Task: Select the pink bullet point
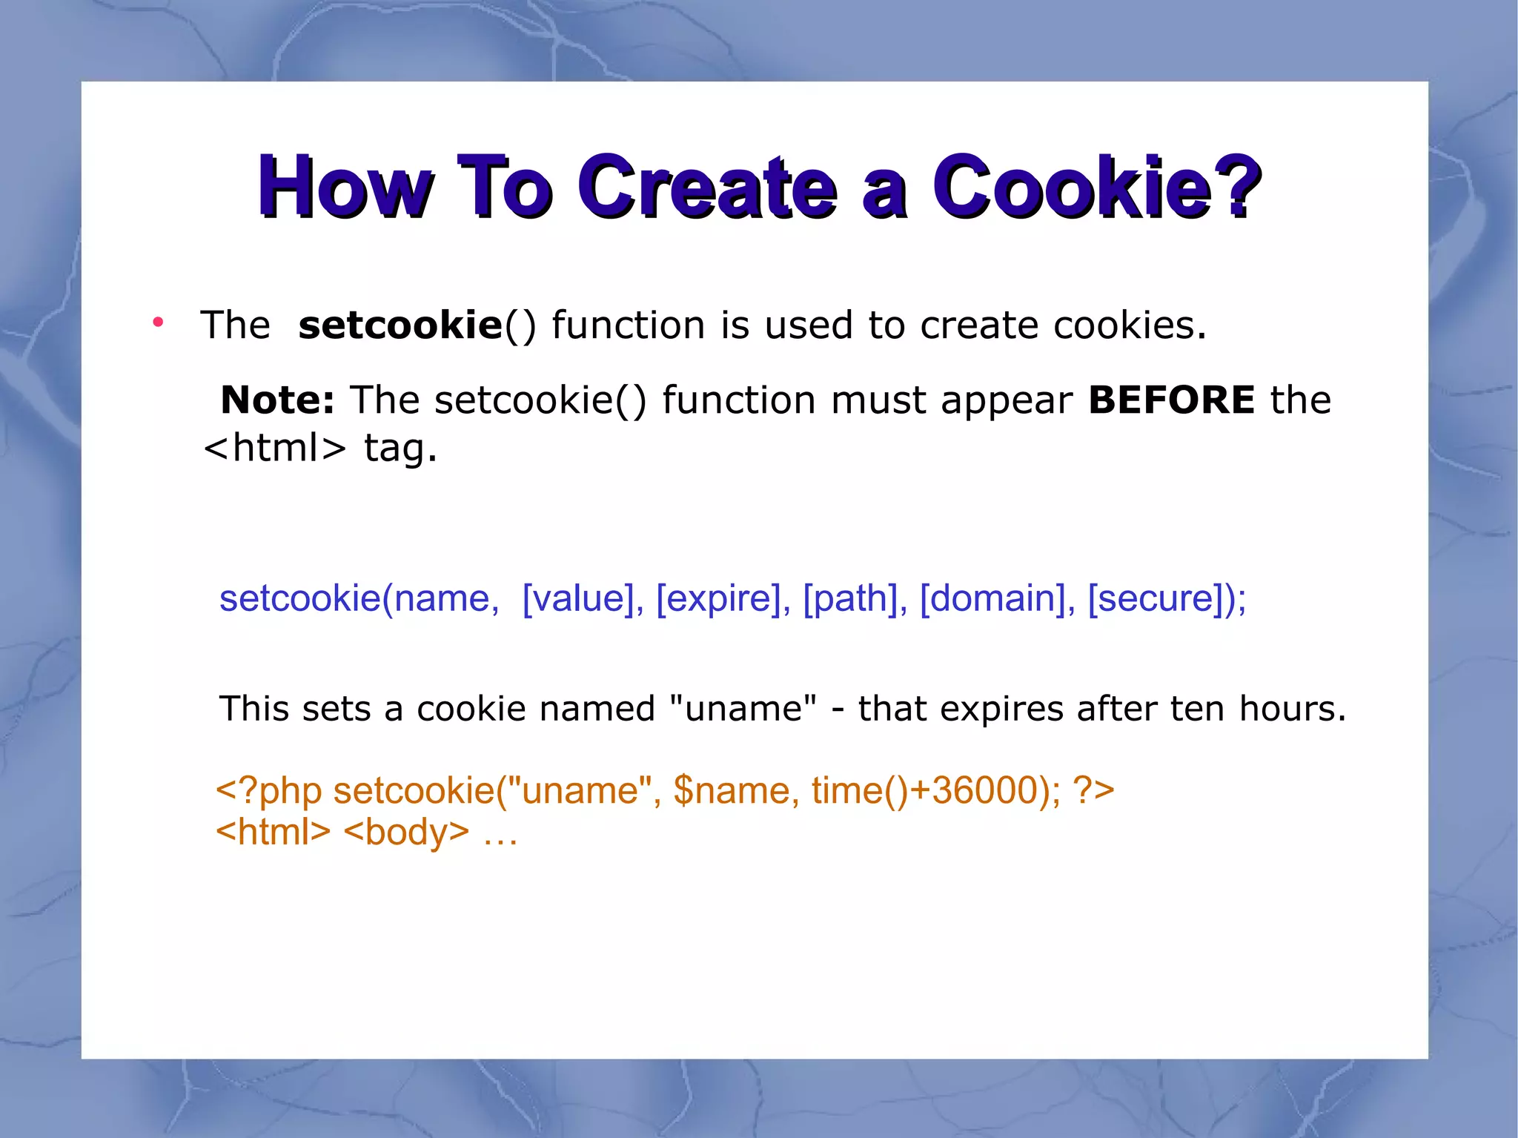tap(158, 322)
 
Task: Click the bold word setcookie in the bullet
tap(400, 326)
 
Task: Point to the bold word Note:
tap(277, 401)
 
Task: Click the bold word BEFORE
tap(1171, 401)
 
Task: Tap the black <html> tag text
tap(275, 449)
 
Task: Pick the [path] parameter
tap(851, 598)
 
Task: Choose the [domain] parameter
tap(992, 598)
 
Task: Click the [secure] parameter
tap(1161, 598)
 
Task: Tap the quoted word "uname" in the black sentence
tap(743, 709)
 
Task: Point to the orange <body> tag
tap(406, 832)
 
